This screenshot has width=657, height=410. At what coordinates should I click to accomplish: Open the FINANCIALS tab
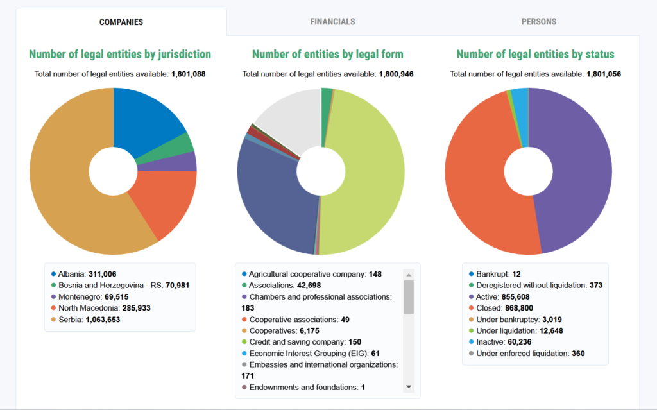[x=332, y=22]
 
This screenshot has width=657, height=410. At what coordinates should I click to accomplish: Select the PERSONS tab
[x=538, y=22]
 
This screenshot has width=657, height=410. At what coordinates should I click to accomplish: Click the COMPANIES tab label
[x=121, y=22]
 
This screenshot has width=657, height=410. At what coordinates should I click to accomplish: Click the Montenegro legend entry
[x=90, y=297]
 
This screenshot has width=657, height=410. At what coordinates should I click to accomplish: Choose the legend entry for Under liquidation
[x=516, y=331]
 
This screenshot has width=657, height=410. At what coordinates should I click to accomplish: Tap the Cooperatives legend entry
[x=280, y=331]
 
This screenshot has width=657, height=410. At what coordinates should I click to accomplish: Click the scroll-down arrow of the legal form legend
[x=409, y=387]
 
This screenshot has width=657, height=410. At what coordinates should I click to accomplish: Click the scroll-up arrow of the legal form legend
[x=409, y=275]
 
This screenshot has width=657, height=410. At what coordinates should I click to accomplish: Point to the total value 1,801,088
[x=188, y=74]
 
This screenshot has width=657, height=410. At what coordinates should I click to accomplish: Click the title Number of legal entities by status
[x=535, y=54]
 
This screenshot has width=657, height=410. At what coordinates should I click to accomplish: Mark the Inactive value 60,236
[x=519, y=342]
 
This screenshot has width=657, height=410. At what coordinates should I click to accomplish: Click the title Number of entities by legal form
[x=328, y=54]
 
